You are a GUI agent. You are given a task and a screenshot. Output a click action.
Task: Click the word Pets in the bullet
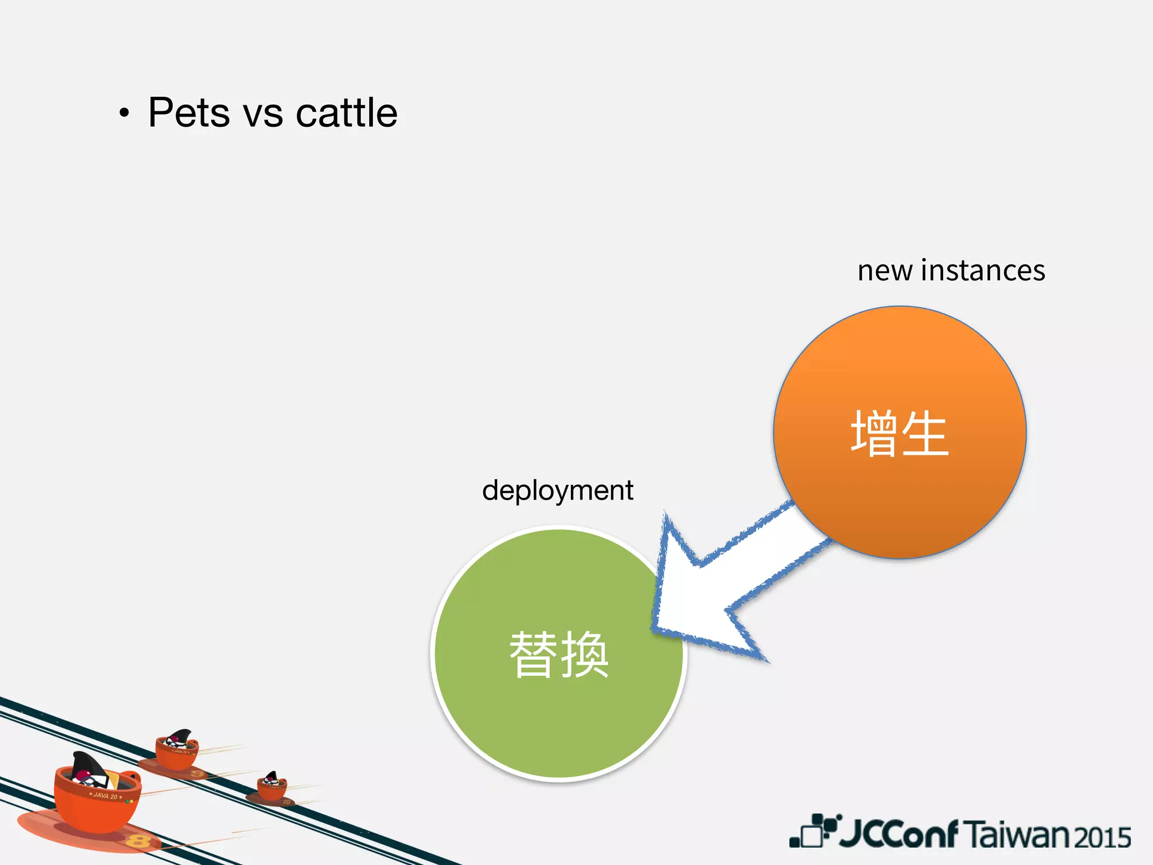(189, 113)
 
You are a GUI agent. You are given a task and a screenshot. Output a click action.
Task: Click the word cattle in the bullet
(346, 113)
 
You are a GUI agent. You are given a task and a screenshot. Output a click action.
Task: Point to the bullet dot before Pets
(124, 113)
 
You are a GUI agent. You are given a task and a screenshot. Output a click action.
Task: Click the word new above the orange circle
(884, 271)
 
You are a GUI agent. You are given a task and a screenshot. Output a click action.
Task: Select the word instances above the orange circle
(983, 270)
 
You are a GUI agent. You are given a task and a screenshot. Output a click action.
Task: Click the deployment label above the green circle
(557, 491)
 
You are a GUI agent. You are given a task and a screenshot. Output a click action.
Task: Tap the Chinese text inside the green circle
(559, 654)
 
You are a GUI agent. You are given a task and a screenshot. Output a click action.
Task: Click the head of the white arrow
(692, 597)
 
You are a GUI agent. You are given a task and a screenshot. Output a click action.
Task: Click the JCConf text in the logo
(899, 834)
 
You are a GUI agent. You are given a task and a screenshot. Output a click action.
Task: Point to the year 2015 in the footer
(1103, 837)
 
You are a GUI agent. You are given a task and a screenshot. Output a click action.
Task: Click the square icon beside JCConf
(812, 832)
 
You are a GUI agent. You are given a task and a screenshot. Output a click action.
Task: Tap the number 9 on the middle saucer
(196, 774)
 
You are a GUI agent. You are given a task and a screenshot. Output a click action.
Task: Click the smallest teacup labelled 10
(272, 787)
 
